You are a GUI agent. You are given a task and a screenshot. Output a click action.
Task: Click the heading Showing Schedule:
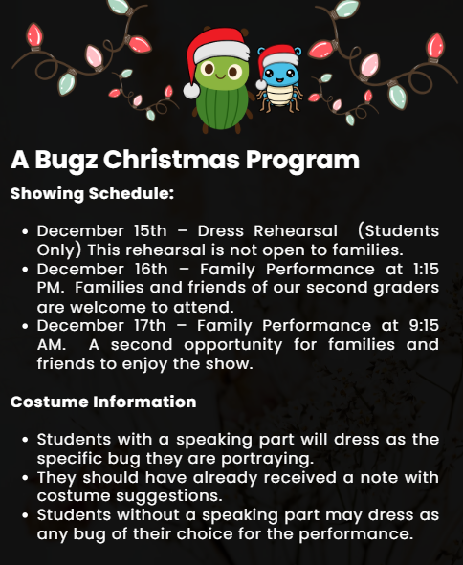click(92, 194)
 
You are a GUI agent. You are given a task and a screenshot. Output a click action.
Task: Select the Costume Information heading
click(103, 402)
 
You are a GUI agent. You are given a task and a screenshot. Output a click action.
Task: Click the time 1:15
click(420, 270)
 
